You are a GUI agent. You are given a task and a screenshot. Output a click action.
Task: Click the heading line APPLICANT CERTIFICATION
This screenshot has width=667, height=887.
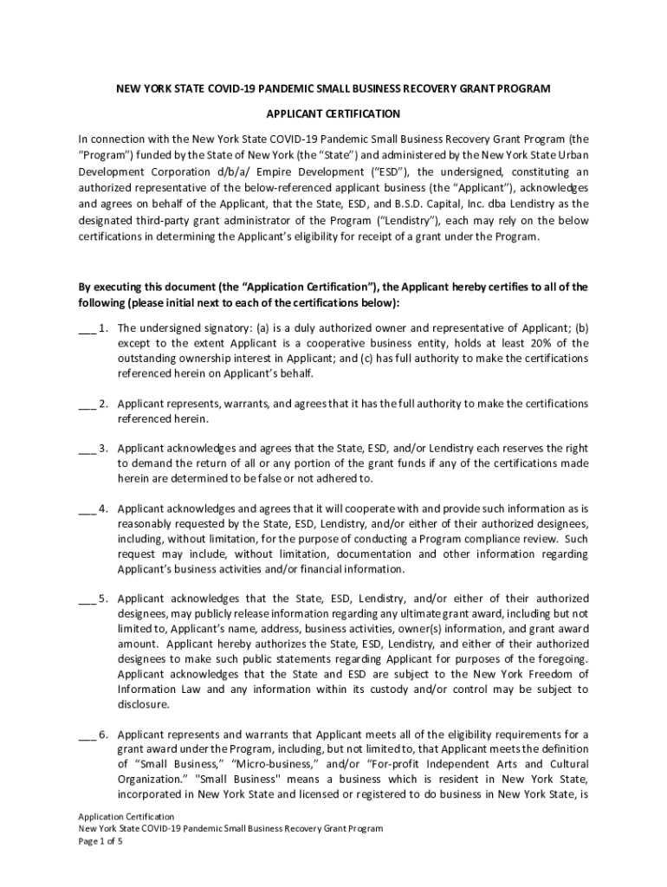pyautogui.click(x=333, y=113)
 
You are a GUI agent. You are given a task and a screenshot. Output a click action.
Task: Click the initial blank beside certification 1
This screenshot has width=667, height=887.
pyautogui.click(x=86, y=329)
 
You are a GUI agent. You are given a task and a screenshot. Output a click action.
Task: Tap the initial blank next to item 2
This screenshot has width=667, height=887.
pyautogui.click(x=86, y=405)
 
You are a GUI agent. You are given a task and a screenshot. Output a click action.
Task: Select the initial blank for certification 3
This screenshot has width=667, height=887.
pyautogui.click(x=86, y=450)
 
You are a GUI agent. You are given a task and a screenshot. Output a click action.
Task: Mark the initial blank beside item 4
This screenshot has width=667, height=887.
pyautogui.click(x=86, y=509)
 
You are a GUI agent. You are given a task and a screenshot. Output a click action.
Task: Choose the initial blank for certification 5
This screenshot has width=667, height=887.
pyautogui.click(x=86, y=599)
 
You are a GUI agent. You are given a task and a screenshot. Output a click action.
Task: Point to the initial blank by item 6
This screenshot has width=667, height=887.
pyautogui.click(x=86, y=735)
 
